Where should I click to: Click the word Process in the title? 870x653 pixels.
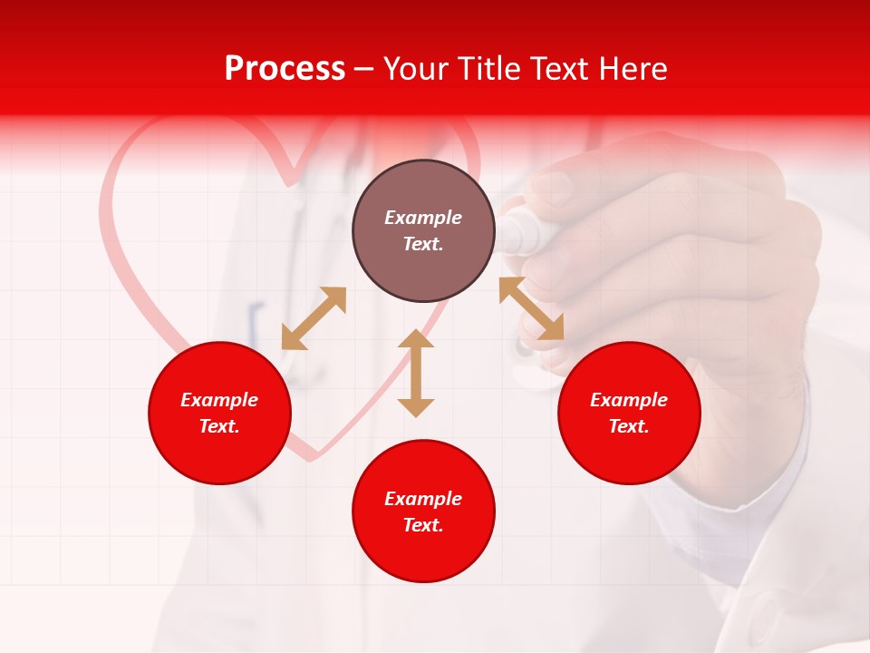285,69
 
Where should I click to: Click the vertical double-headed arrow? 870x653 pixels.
416,373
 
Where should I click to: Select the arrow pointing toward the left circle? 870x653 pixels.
314,317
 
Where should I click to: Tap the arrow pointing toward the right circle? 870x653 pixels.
531,308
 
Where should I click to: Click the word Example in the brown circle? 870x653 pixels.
423,218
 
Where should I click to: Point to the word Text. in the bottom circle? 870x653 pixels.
423,525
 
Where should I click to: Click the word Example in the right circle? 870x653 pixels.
629,400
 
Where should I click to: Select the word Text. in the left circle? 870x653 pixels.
219,426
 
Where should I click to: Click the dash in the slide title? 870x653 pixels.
363,69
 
